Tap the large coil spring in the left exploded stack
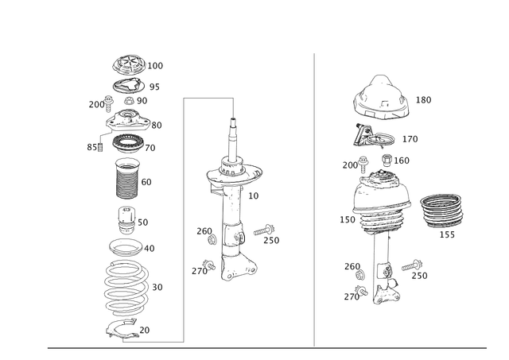(126, 286)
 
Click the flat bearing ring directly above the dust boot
(127, 146)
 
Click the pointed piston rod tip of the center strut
(234, 126)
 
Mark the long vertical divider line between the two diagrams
(314, 199)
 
